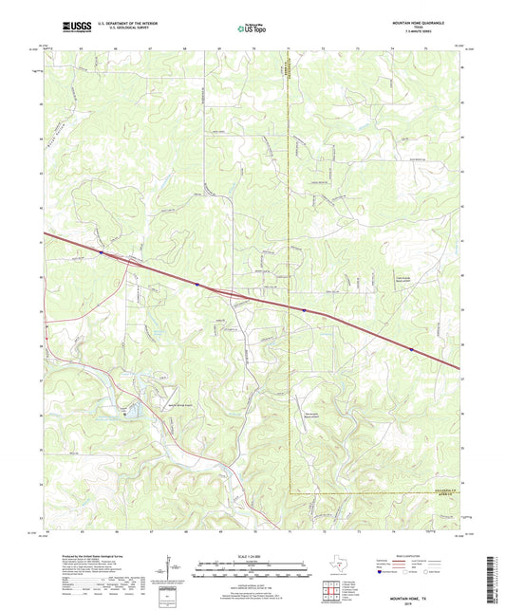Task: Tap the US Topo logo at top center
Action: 253,28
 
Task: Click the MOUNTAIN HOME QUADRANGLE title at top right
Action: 418,19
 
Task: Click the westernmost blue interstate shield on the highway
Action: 101,252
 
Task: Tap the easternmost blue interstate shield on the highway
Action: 411,349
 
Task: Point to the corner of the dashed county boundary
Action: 290,492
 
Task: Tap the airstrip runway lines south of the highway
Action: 135,411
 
